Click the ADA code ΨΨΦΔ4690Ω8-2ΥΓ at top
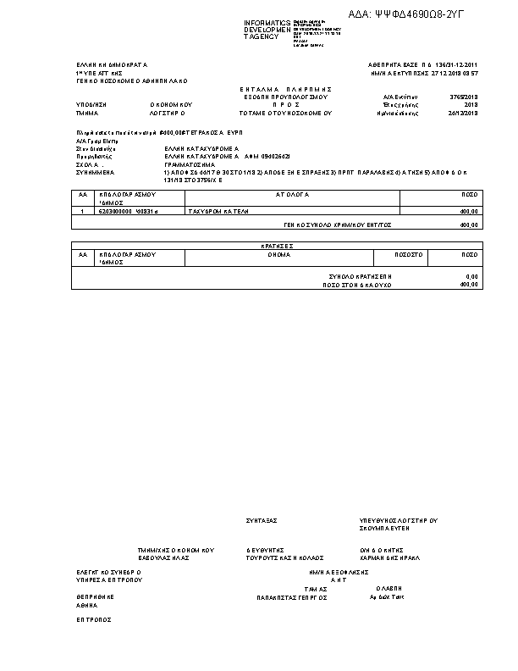click(418, 14)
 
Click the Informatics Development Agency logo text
click(267, 30)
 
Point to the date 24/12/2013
click(466, 112)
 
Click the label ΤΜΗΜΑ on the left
click(87, 112)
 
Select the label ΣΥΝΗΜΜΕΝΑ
click(93, 172)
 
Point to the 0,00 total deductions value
click(472, 277)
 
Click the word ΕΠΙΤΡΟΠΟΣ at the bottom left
click(94, 619)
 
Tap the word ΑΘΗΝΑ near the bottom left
click(87, 606)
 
